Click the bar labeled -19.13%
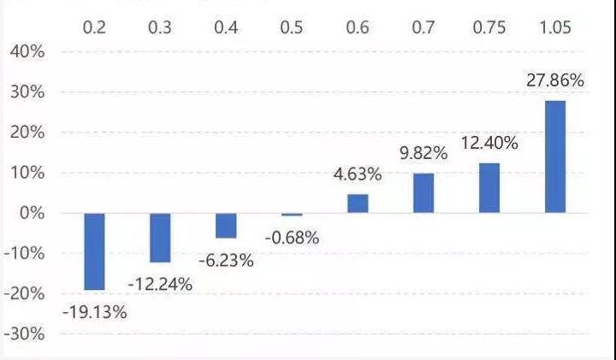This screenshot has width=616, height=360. coord(94,251)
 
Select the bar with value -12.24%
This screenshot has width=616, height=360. coord(160,238)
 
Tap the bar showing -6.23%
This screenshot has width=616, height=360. coord(226,226)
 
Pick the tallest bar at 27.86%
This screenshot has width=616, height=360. coord(554,156)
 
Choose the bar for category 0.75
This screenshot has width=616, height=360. coord(489,187)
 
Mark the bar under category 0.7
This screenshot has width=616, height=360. coord(423,193)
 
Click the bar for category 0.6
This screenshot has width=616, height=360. coord(358,204)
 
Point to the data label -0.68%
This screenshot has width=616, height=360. coord(292,238)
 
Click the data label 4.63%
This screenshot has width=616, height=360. coord(358,175)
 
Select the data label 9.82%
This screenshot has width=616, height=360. coord(423,154)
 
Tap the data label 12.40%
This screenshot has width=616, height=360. coord(489,143)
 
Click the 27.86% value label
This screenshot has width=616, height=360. coord(554,81)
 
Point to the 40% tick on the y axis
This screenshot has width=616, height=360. coord(27,52)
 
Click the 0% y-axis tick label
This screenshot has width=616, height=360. coord(31,213)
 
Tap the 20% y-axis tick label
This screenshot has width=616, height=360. coord(27,133)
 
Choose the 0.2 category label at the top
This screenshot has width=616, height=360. coord(94,27)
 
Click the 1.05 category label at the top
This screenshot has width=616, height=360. coord(554,27)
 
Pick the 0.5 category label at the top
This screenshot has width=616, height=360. coord(292,27)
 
